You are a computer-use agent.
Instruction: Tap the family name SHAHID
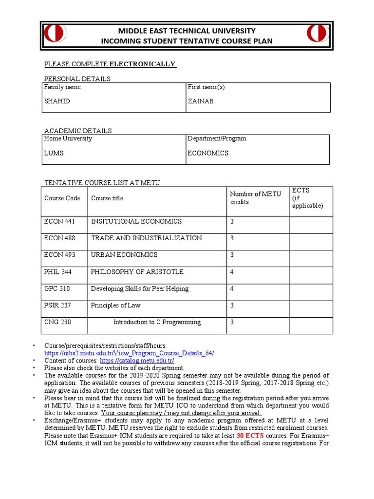57,101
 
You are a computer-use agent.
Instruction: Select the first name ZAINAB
201,101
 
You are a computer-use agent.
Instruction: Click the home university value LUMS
54,153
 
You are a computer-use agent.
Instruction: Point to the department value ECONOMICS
208,153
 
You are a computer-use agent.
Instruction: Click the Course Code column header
62,198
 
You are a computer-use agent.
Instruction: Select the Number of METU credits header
255,198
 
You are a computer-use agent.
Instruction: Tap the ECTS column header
307,198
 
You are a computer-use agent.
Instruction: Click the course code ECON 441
59,222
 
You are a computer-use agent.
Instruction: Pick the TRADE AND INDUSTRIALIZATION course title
146,238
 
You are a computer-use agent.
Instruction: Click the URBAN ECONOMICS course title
124,255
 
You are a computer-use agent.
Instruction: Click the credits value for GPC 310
232,289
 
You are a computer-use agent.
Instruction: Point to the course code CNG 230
57,322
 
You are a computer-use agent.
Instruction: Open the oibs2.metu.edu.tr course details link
129,353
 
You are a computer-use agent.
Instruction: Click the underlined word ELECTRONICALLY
142,64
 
